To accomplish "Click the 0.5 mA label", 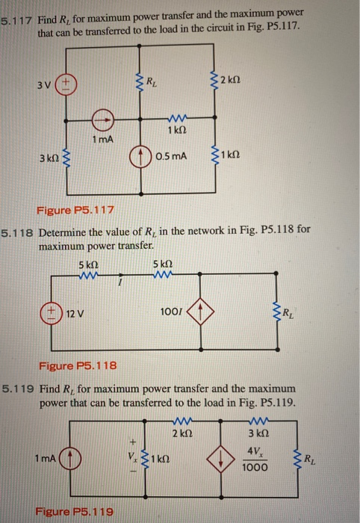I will [172, 156].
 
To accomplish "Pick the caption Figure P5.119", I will [74, 512].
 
